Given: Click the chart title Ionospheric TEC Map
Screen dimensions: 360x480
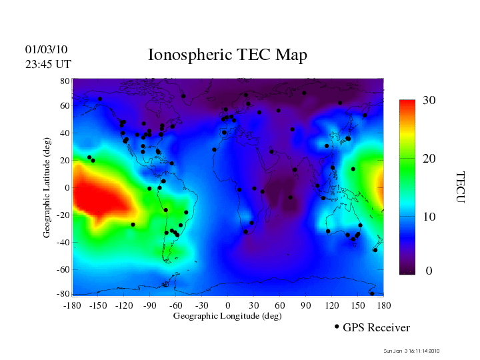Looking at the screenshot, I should pos(227,55).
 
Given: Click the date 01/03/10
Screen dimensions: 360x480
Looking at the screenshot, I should pos(46,50).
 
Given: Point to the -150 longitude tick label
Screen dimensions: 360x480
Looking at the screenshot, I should pos(98,305).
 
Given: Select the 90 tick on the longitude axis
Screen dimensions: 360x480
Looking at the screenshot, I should pos(306,305).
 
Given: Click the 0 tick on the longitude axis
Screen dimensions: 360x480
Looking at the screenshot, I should pos(228,305).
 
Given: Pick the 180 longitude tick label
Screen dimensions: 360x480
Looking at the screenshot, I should pos(383,305).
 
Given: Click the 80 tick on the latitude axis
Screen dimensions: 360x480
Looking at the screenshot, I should pos(65,81).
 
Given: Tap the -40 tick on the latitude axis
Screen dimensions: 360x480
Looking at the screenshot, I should pos(63,242).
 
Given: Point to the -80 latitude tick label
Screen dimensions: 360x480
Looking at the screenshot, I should pos(63,294).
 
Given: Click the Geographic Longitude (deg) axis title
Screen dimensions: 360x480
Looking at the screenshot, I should pos(227,316).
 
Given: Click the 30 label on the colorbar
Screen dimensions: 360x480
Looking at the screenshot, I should pos(429,101).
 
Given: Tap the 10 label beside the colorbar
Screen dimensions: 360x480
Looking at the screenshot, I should pos(429,217).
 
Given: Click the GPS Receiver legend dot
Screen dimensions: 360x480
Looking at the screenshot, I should pos(337,327).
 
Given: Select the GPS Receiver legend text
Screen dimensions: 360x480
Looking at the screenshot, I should pos(376,327).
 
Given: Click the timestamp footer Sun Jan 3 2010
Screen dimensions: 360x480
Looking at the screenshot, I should pos(412,351).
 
